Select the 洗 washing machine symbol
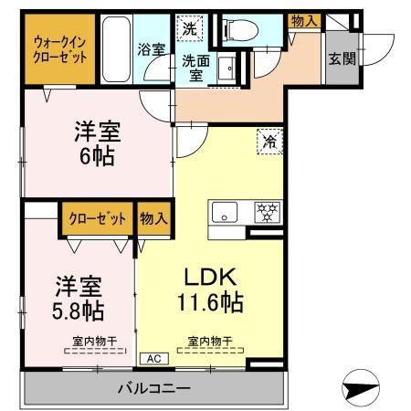pos(188,29)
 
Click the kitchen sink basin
pos(224,213)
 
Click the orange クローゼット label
pos(97,218)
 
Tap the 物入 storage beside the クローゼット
pos(153,218)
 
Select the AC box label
pos(152,359)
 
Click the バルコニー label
pos(153,388)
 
